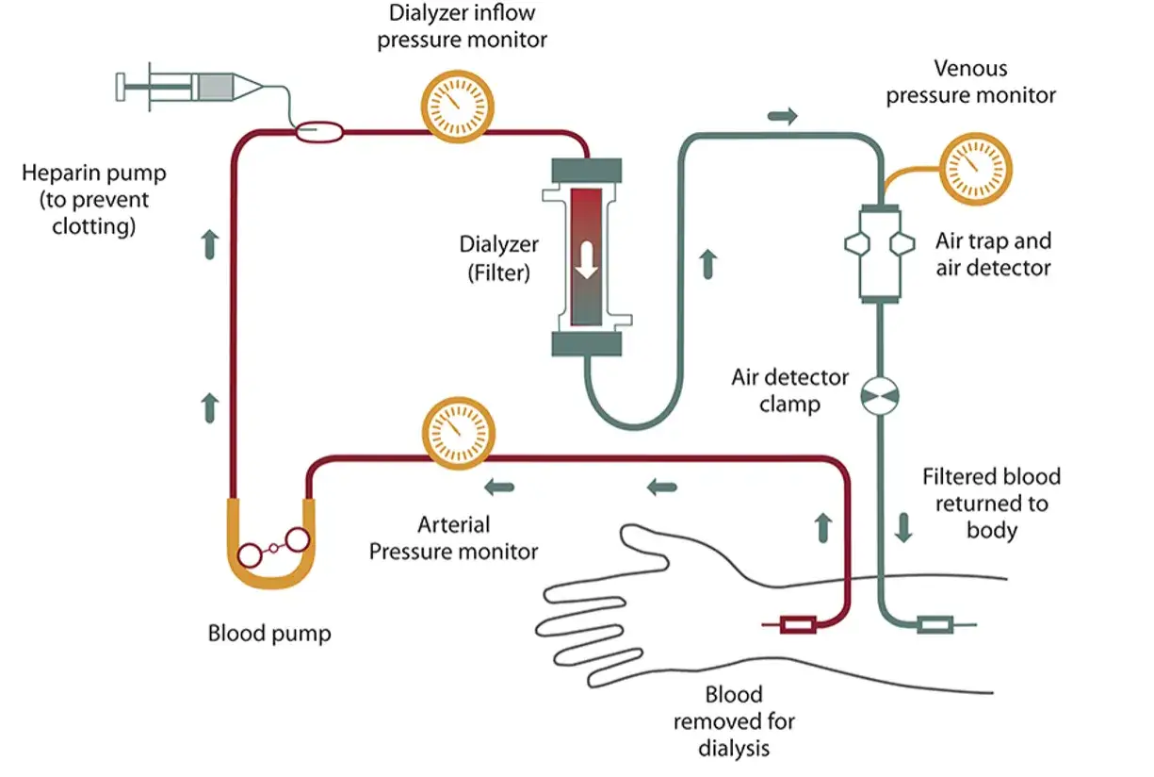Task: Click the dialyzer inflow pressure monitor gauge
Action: click(458, 107)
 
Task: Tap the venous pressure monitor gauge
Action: click(976, 169)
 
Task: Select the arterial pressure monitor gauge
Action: click(459, 433)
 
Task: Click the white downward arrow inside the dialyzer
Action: click(586, 260)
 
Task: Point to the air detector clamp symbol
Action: click(880, 396)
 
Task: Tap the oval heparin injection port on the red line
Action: click(319, 132)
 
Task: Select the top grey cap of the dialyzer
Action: click(587, 170)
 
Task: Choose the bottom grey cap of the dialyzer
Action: click(587, 344)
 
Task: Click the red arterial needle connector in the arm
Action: click(798, 625)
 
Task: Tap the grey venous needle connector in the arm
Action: click(935, 625)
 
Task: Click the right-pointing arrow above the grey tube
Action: click(783, 115)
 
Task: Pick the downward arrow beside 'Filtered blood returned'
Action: click(903, 527)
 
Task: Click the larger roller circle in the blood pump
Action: click(298, 540)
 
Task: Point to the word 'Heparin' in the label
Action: click(57, 174)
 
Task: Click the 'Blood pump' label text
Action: click(269, 634)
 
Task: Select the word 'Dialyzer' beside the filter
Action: click(498, 245)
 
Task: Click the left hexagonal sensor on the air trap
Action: click(858, 244)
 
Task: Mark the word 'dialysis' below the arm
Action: click(734, 748)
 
